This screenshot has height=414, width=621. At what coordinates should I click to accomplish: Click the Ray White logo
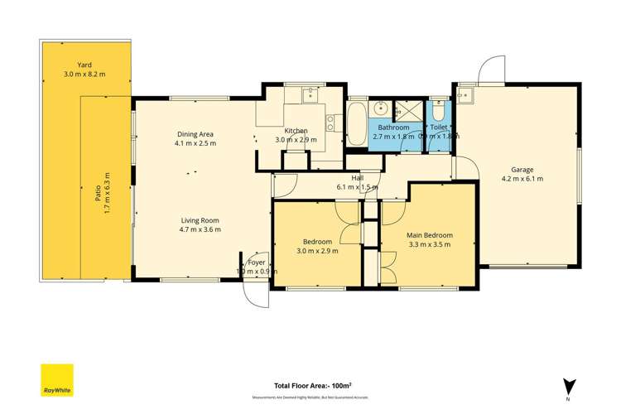click(57, 380)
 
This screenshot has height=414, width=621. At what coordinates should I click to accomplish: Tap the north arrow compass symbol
click(569, 387)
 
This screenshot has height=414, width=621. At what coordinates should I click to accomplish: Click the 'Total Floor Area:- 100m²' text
click(313, 385)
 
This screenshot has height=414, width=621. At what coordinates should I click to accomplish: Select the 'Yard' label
click(84, 65)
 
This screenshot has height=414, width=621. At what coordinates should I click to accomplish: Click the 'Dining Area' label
click(195, 134)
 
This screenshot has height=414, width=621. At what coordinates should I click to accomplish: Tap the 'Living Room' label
click(200, 220)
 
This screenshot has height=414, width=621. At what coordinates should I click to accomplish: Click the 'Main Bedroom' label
click(428, 234)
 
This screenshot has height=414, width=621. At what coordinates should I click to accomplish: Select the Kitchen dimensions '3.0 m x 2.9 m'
click(296, 140)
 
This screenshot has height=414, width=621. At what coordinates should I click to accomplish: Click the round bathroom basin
click(382, 108)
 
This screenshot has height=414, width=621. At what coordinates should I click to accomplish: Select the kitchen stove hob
click(330, 123)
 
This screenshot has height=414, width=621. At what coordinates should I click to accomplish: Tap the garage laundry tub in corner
click(466, 94)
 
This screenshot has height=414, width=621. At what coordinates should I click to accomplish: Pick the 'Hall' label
click(358, 178)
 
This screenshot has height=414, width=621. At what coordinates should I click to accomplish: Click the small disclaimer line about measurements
click(313, 397)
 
